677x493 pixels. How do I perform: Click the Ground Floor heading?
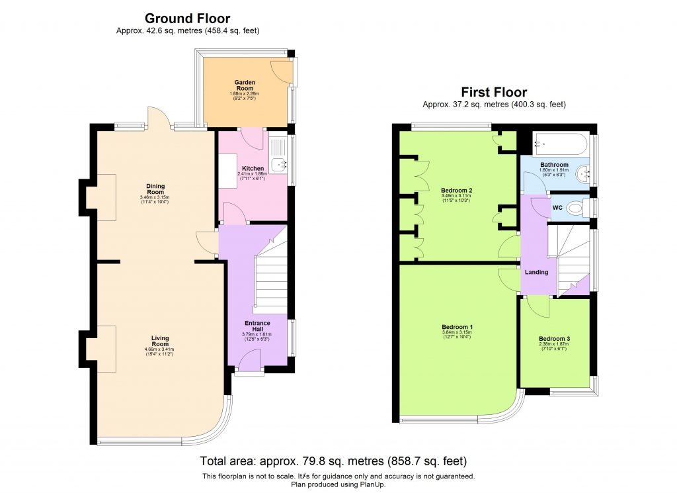188,19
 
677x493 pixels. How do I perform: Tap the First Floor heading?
494,92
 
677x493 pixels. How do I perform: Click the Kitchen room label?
253,169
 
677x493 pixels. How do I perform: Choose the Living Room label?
160,341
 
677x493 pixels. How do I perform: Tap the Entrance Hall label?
257,326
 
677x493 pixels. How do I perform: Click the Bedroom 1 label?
457,327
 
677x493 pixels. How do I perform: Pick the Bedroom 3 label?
554,339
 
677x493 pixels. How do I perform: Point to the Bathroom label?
553,165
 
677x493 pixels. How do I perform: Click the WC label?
557,208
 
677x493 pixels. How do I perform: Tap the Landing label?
534,272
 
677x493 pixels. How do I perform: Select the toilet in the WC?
577,208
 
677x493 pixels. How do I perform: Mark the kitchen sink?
280,163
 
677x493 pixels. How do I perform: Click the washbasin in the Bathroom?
584,175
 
